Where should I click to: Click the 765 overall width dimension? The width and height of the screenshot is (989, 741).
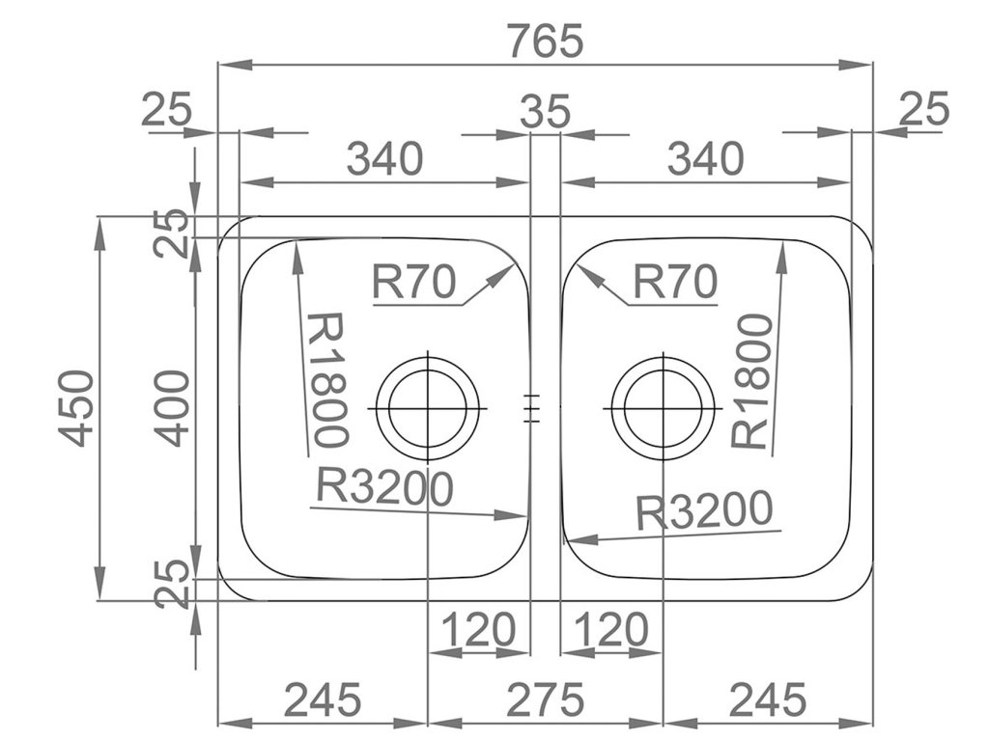(x=546, y=41)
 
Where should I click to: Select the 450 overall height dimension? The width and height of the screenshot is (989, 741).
(x=77, y=407)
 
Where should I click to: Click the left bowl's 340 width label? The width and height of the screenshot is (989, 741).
(x=384, y=158)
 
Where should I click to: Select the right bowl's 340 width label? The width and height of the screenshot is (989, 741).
(x=705, y=158)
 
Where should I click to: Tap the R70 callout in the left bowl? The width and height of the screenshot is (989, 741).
(x=412, y=282)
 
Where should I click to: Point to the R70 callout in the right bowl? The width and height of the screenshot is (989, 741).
(x=675, y=282)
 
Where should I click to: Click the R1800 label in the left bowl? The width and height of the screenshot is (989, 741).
(x=325, y=378)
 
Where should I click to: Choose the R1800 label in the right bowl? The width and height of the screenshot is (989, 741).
(x=750, y=380)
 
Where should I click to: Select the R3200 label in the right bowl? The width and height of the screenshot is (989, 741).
(x=705, y=510)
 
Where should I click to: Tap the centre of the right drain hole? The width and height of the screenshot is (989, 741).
(x=663, y=406)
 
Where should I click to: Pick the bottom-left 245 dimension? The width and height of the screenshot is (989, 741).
(x=323, y=697)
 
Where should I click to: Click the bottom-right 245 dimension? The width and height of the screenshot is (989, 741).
(x=768, y=697)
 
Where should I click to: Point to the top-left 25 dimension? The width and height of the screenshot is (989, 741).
(x=167, y=109)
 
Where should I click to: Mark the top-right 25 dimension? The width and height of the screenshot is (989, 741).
(x=924, y=108)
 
